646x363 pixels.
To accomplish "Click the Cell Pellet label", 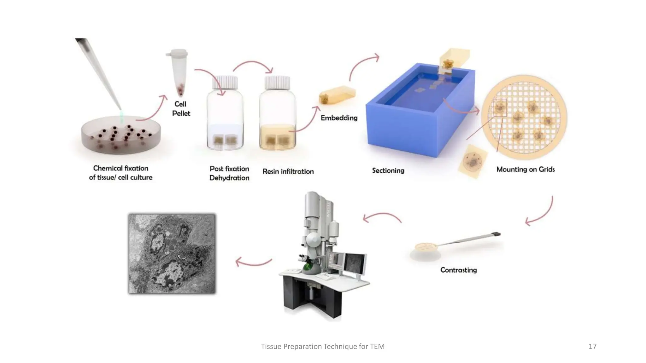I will (x=181, y=109).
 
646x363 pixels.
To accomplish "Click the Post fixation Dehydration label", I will (x=229, y=173).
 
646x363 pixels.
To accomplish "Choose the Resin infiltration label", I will (x=288, y=171).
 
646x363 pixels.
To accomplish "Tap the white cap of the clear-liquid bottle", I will (x=225, y=82).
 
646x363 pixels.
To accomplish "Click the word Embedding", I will (x=339, y=118).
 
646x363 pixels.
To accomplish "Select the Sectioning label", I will (x=388, y=170).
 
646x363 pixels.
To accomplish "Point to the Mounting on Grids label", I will (x=526, y=170).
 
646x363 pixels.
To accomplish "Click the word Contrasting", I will (x=458, y=270).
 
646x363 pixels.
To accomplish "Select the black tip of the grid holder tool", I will (x=496, y=234).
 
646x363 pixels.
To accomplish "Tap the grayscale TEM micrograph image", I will (x=172, y=254).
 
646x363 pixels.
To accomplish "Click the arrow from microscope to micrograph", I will (x=253, y=262).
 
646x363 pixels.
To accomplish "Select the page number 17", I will (x=592, y=347).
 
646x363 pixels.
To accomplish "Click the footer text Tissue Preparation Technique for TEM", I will (x=323, y=347).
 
